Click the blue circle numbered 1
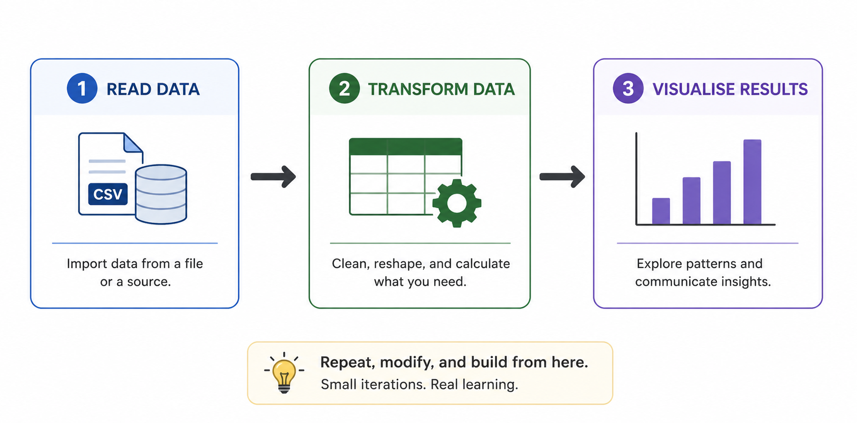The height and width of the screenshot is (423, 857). (82, 88)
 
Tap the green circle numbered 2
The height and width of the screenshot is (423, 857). (344, 88)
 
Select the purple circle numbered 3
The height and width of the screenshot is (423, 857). (628, 88)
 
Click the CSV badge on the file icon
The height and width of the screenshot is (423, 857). (108, 194)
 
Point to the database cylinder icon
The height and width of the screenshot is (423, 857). (161, 195)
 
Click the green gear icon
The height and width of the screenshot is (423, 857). (457, 203)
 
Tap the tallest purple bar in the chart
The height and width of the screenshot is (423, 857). (752, 182)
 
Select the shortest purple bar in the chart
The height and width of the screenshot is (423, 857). (661, 211)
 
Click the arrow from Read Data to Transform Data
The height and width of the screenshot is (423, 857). (273, 176)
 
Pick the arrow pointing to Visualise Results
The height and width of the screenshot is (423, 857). (562, 176)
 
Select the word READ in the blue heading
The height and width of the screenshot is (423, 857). (122, 89)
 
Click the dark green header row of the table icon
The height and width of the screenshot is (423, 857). (406, 146)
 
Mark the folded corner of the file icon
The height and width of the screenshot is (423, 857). (132, 143)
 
